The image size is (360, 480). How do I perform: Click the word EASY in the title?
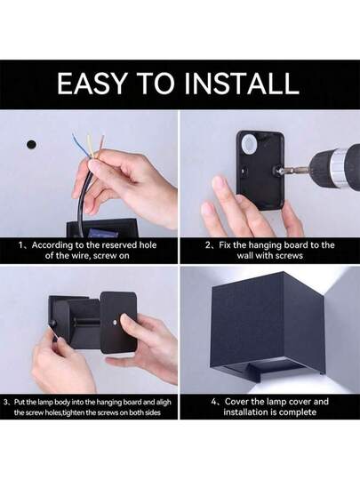pos(92,84)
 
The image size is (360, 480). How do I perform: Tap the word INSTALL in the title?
pos(246,84)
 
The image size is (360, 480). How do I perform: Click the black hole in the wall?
pos(31,144)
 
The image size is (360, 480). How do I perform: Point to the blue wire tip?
pos(74,135)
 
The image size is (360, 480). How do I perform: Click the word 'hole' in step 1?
pos(148,245)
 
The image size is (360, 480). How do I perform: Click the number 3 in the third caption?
pos(6,402)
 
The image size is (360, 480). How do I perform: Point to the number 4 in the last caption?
pos(214,402)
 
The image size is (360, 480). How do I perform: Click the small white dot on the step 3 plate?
pos(114,324)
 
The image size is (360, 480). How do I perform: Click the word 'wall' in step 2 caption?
pos(244,255)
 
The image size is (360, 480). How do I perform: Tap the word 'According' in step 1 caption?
pos(52,245)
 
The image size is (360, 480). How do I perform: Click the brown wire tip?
pos(103,138)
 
